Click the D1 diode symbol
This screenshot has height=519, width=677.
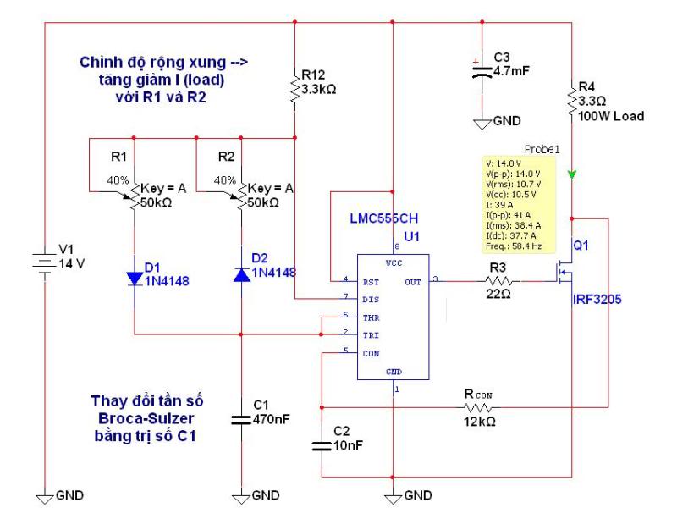pos(135,279)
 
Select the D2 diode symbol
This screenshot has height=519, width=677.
pos(241,275)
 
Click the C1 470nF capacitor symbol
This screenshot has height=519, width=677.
pos(241,419)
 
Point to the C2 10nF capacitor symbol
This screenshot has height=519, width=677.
pos(322,445)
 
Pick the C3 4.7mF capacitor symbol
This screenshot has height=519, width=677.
pos(482,71)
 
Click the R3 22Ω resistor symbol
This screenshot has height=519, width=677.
pos(499,281)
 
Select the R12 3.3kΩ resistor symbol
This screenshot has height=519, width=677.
pos(294,89)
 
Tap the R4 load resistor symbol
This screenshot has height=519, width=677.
pos(572,102)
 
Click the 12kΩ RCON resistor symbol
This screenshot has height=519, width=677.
pos(478,407)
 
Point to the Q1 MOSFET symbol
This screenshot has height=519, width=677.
pos(564,272)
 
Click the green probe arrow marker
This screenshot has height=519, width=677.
pos(572,174)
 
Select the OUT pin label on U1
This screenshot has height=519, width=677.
pos(413,282)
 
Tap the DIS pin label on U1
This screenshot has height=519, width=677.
pos(371,300)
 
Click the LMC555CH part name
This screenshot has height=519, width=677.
pos(384,218)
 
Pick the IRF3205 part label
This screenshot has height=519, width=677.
pos(597,300)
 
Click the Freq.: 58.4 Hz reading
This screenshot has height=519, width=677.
pos(514,246)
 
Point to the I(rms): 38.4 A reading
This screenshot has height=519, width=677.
pos(513,225)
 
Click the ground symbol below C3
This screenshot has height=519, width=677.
pos(482,124)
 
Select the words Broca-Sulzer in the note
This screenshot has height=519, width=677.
pos(146,418)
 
